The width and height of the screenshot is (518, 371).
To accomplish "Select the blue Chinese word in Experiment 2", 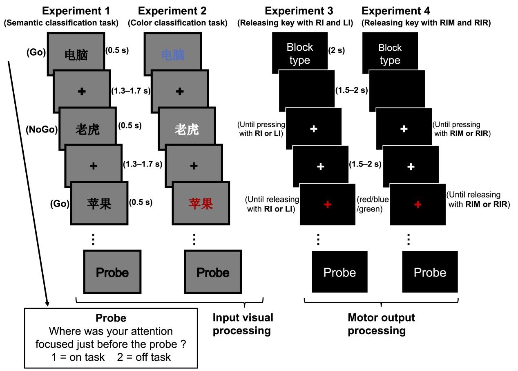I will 173,55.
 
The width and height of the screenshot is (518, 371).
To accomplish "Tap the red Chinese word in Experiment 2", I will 201,204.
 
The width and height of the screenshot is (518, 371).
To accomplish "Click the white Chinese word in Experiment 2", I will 186,130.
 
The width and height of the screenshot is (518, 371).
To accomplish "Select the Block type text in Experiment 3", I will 300,54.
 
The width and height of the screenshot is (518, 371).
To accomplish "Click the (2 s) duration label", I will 337,51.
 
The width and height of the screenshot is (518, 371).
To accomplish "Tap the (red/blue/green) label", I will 373,204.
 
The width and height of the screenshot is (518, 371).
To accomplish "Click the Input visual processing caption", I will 243,324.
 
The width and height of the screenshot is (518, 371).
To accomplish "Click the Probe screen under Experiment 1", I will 112,272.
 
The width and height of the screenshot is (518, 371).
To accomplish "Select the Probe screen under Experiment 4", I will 430,272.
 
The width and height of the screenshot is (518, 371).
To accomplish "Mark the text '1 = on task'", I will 73,357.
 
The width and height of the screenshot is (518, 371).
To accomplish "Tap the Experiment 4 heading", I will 395,11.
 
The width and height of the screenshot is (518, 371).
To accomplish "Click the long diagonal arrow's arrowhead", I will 47,304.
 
